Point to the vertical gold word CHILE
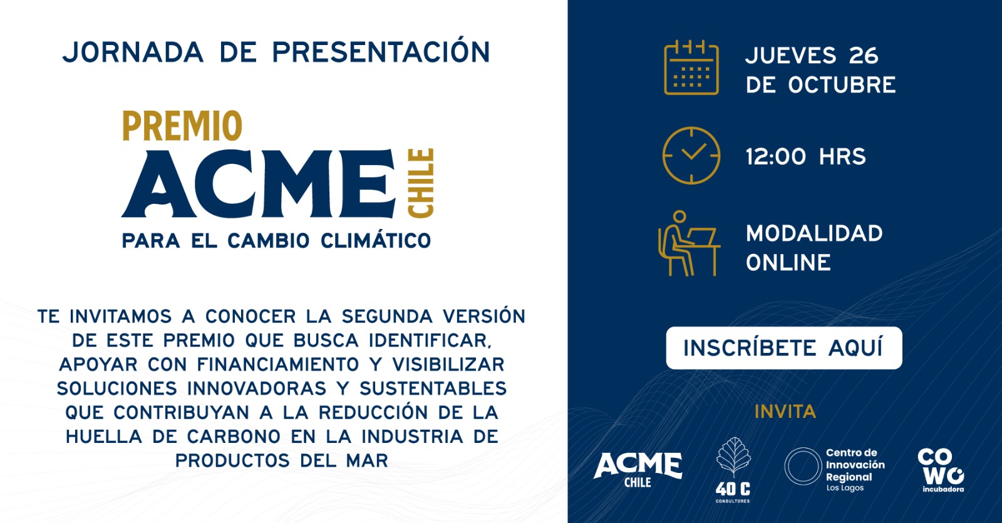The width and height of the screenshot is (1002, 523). (420, 183)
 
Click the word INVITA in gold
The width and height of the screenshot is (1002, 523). (785, 412)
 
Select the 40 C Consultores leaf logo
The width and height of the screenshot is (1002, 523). (733, 470)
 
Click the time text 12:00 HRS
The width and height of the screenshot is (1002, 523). (805, 156)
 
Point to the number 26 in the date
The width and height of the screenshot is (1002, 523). (864, 56)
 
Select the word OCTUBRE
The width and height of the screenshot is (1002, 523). (842, 85)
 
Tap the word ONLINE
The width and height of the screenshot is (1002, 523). (788, 262)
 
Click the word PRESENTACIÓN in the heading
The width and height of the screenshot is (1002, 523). (381, 53)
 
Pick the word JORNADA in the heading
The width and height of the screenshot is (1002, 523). (133, 53)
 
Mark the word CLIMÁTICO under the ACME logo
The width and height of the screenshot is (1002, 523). (376, 240)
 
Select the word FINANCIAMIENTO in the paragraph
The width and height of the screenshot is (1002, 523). (278, 365)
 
